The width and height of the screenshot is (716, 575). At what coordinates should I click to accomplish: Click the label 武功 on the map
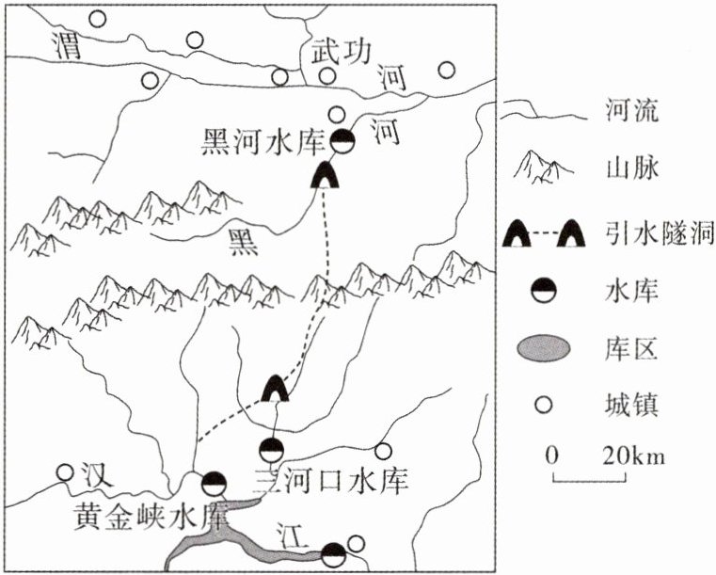[337, 53]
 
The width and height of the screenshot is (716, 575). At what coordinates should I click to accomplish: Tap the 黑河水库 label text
[263, 142]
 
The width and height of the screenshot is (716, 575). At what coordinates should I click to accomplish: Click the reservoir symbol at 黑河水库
[344, 142]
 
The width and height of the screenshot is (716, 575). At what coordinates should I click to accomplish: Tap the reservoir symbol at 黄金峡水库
[215, 483]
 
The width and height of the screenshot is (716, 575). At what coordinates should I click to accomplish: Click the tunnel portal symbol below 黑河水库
[326, 174]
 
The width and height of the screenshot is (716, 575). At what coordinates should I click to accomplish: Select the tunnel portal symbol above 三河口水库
[275, 387]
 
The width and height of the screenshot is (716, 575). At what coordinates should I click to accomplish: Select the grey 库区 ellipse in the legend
[544, 348]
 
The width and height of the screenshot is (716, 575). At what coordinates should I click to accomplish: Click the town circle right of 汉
[65, 472]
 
